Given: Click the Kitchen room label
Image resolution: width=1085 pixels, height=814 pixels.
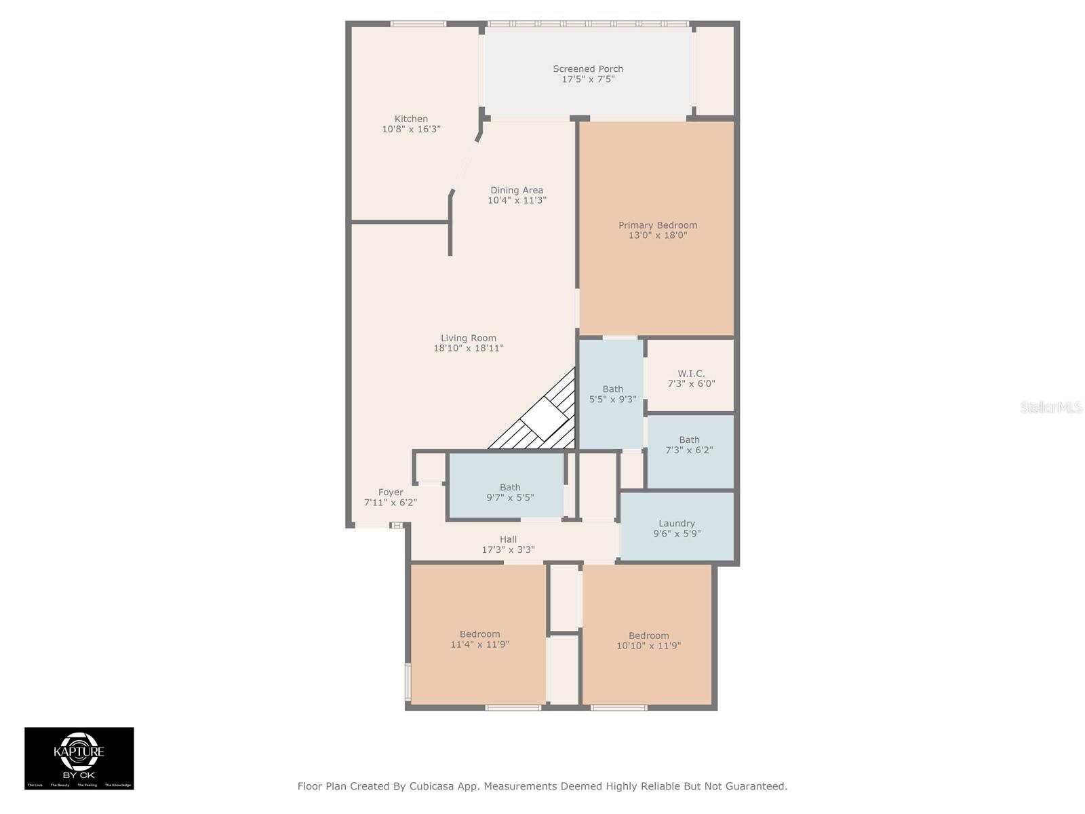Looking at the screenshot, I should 411,119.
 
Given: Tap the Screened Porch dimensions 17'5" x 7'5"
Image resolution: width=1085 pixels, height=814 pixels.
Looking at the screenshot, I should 587,79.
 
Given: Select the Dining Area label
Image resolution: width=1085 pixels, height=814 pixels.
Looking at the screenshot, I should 517,190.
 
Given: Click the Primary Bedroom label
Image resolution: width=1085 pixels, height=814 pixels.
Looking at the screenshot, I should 657,225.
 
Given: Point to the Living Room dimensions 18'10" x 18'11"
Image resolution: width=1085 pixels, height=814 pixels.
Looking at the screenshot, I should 468,348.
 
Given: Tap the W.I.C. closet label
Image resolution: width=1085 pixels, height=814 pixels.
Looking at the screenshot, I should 691,373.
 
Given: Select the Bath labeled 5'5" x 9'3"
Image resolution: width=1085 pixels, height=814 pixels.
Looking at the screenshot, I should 612,394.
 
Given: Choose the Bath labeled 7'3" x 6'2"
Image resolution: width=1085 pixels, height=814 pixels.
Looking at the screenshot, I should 689,445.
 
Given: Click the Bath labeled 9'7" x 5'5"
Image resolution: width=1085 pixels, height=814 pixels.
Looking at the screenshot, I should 510,492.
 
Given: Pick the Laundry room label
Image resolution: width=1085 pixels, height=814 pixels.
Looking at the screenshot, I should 676,523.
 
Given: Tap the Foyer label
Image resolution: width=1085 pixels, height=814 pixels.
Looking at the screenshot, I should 391,492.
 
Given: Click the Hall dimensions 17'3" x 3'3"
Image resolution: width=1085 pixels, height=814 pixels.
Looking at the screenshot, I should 508,549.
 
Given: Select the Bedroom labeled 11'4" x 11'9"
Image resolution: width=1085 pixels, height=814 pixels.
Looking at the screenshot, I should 479,639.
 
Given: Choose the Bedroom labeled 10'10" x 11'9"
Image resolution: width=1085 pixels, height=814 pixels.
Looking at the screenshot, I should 648,640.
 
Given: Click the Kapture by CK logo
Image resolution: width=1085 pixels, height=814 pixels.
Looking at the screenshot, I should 79,758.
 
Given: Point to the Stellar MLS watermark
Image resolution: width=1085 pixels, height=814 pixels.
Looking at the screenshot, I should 1050,407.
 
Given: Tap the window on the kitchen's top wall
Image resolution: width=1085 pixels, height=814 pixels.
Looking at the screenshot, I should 418,24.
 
